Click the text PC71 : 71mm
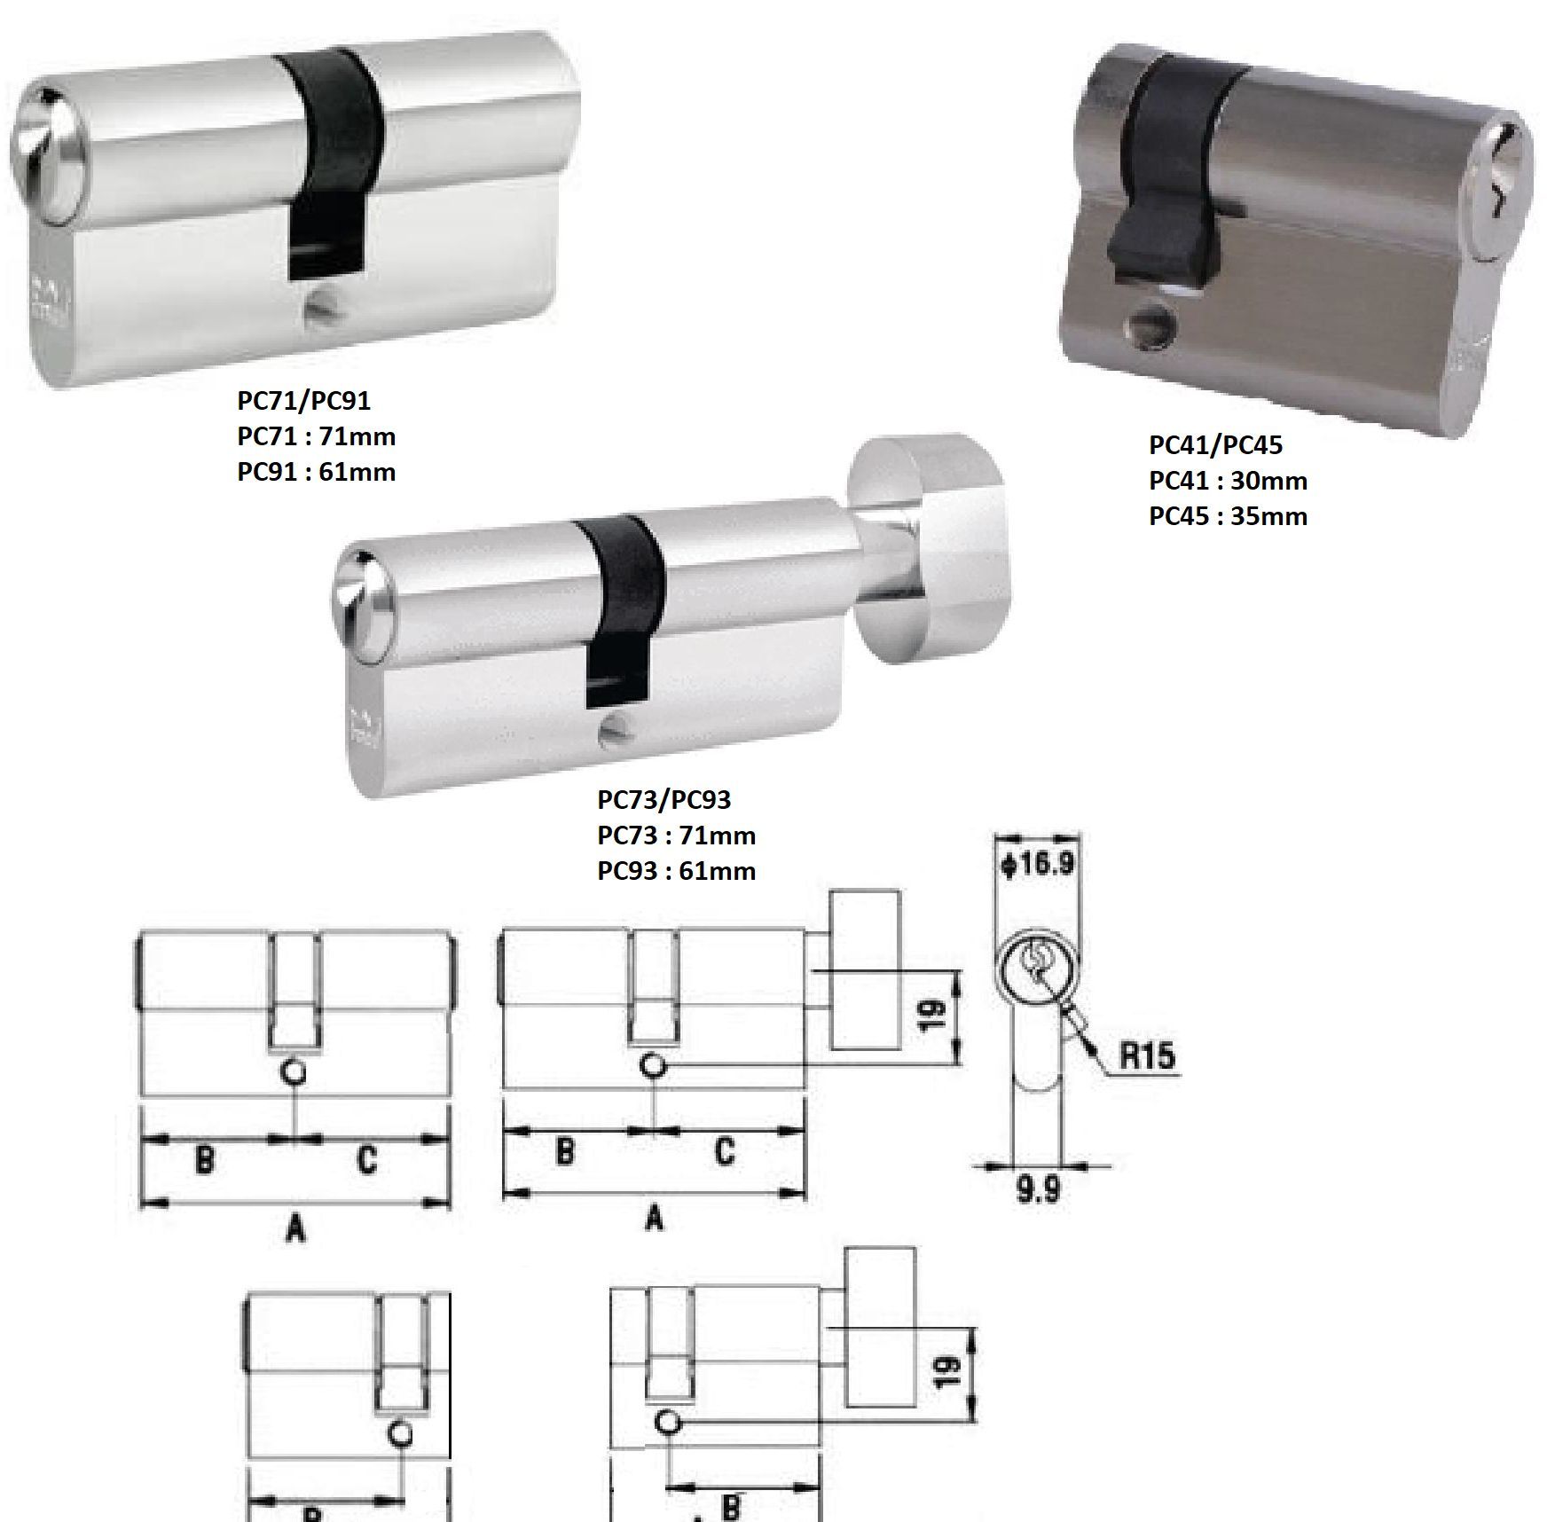(316, 436)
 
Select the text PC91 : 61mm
(316, 472)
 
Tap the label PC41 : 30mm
(1228, 481)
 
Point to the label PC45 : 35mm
(1228, 516)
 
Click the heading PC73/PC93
(664, 800)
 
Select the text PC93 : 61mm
(676, 871)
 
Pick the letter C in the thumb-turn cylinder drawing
(724, 1151)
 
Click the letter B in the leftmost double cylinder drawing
(203, 1158)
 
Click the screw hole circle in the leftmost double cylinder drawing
(294, 1071)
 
